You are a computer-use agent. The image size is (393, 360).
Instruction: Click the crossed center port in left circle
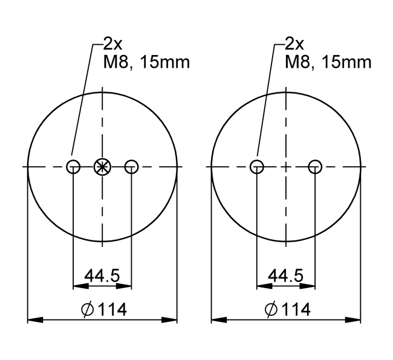(x=103, y=166)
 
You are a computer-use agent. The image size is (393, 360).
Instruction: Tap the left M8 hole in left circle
(x=73, y=166)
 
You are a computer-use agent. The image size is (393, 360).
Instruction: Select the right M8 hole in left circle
(x=131, y=166)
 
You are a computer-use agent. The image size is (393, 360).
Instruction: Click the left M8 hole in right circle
(x=257, y=166)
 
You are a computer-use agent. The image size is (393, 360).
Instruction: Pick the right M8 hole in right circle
(x=314, y=166)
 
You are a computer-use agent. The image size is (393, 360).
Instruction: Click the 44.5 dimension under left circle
(x=102, y=275)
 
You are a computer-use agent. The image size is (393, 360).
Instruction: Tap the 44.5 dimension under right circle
(x=285, y=275)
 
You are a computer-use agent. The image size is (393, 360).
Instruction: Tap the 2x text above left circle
(x=112, y=43)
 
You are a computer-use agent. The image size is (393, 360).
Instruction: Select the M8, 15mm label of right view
(x=328, y=62)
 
